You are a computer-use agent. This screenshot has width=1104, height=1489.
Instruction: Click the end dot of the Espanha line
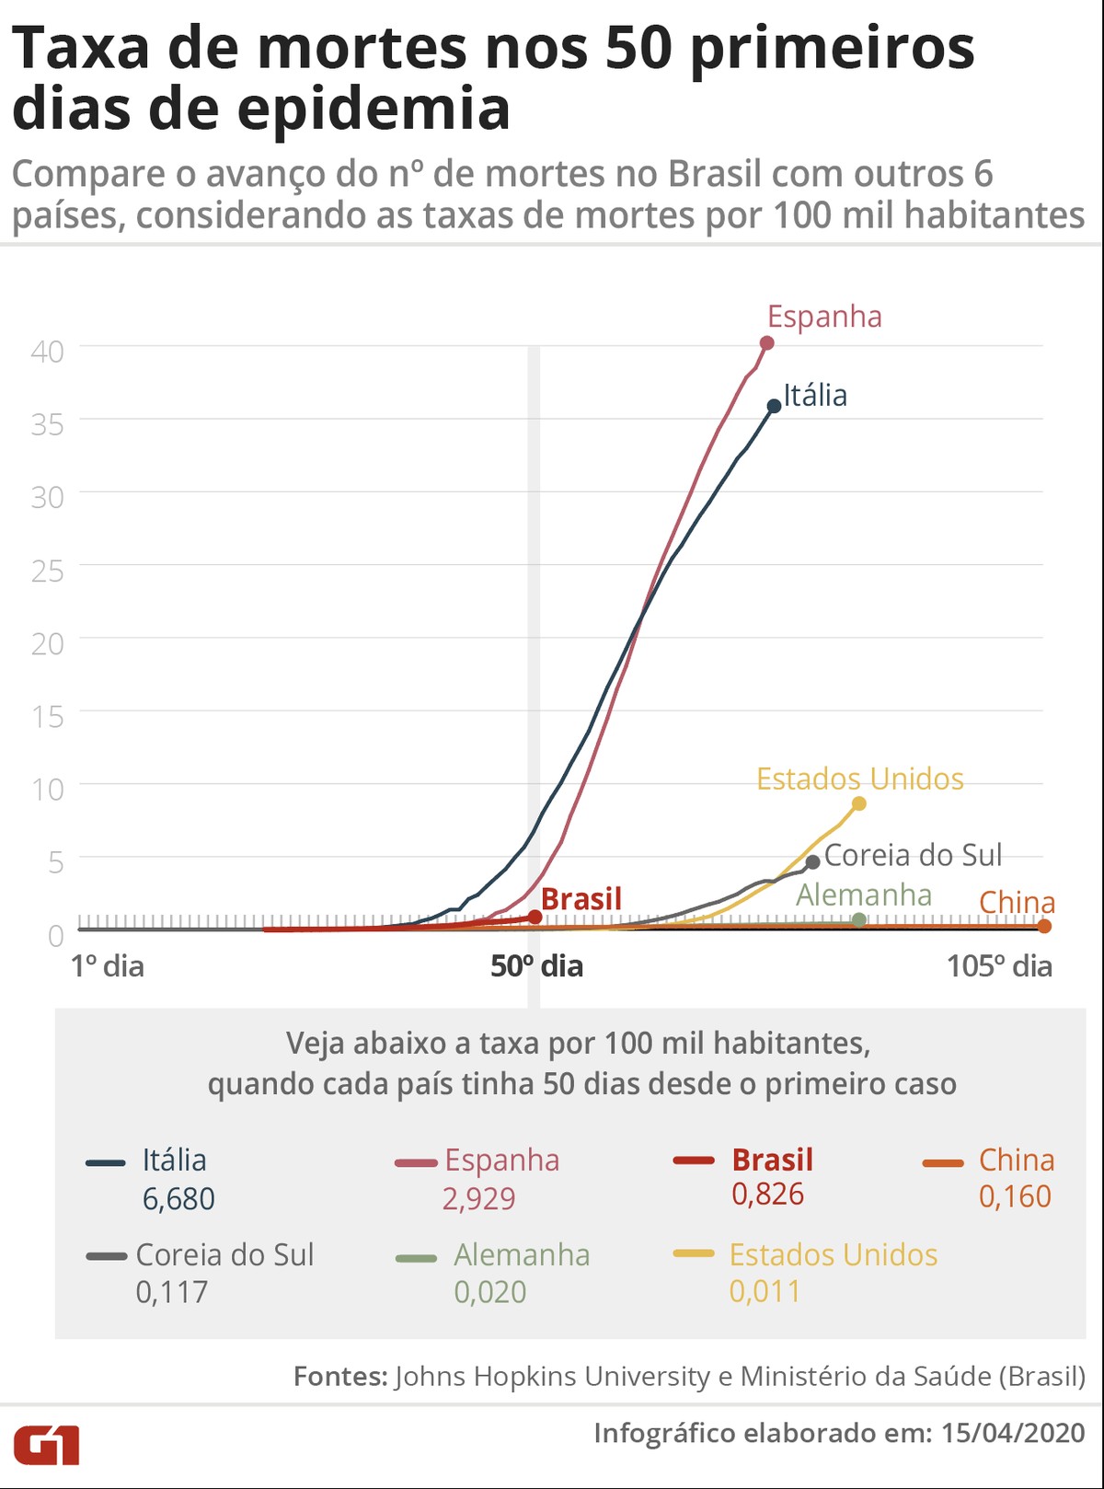(x=767, y=343)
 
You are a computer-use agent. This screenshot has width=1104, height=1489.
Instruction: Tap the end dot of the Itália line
(x=775, y=406)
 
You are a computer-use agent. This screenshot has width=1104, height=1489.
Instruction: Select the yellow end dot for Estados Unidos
(x=859, y=803)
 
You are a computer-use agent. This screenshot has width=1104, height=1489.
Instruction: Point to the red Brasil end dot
(x=535, y=917)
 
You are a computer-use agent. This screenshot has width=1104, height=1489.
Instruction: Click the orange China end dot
(x=1044, y=926)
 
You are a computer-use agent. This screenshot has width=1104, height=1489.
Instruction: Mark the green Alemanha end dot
(x=859, y=919)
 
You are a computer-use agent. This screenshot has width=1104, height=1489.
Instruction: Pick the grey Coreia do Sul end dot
(x=812, y=862)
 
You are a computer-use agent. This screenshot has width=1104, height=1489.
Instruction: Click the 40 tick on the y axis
(x=48, y=351)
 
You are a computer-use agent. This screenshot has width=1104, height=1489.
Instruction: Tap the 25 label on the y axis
(x=48, y=571)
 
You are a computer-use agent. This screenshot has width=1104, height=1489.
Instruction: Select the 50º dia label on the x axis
(x=536, y=966)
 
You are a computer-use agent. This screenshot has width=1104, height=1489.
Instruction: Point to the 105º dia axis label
(x=999, y=966)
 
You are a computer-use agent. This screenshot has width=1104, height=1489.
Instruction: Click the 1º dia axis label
(x=108, y=966)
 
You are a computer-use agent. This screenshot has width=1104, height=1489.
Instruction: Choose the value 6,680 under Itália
(x=178, y=1199)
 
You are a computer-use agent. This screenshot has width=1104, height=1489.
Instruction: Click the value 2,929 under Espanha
(x=478, y=1199)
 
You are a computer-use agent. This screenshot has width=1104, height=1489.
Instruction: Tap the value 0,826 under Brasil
(x=768, y=1195)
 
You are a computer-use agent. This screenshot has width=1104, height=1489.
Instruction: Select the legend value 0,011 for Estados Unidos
(x=765, y=1291)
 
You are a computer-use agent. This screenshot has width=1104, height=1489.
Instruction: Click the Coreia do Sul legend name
(x=224, y=1254)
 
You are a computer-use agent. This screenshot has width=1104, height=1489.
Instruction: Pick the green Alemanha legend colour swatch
(x=416, y=1258)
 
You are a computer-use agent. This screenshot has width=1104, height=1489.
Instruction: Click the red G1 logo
(x=46, y=1445)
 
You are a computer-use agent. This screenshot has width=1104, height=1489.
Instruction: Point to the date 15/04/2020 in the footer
(x=1013, y=1433)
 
